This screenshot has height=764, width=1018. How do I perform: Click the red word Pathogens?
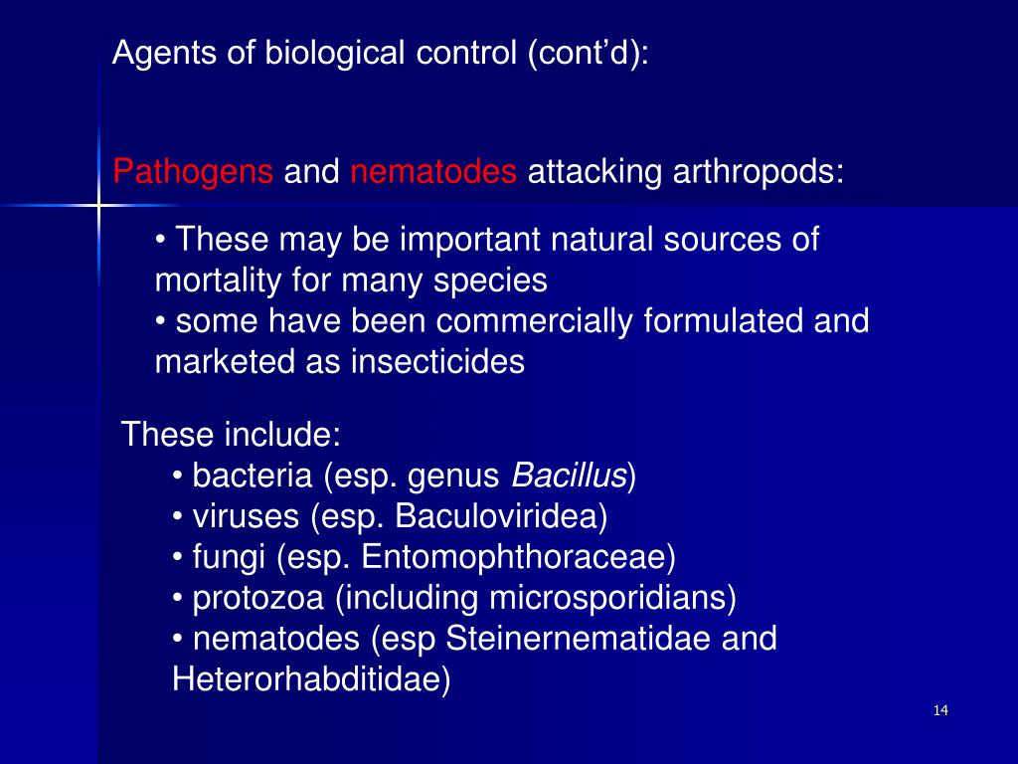(x=193, y=172)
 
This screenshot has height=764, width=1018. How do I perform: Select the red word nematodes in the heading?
(x=433, y=172)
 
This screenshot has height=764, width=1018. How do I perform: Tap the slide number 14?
(x=941, y=710)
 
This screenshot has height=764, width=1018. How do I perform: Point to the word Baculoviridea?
(x=500, y=517)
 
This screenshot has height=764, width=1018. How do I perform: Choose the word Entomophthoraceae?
(x=518, y=557)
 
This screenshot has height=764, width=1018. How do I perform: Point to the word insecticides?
(x=436, y=361)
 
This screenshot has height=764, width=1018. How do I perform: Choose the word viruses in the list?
(x=246, y=517)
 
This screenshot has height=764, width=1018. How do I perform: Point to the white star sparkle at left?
(x=99, y=206)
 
